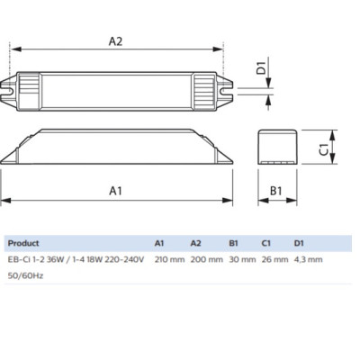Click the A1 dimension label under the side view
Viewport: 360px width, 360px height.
point(116,191)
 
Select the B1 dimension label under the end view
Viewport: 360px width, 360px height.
point(276,191)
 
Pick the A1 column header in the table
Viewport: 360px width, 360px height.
point(159,243)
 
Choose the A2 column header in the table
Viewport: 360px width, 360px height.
point(195,243)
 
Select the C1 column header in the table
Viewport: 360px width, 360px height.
point(266,243)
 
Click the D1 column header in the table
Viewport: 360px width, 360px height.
point(300,243)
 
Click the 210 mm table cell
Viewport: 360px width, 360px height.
point(169,259)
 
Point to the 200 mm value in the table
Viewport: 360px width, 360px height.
point(205,259)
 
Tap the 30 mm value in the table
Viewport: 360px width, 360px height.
point(239,259)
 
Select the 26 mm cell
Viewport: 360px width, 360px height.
point(274,259)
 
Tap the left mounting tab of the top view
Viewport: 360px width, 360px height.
point(10,90)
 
